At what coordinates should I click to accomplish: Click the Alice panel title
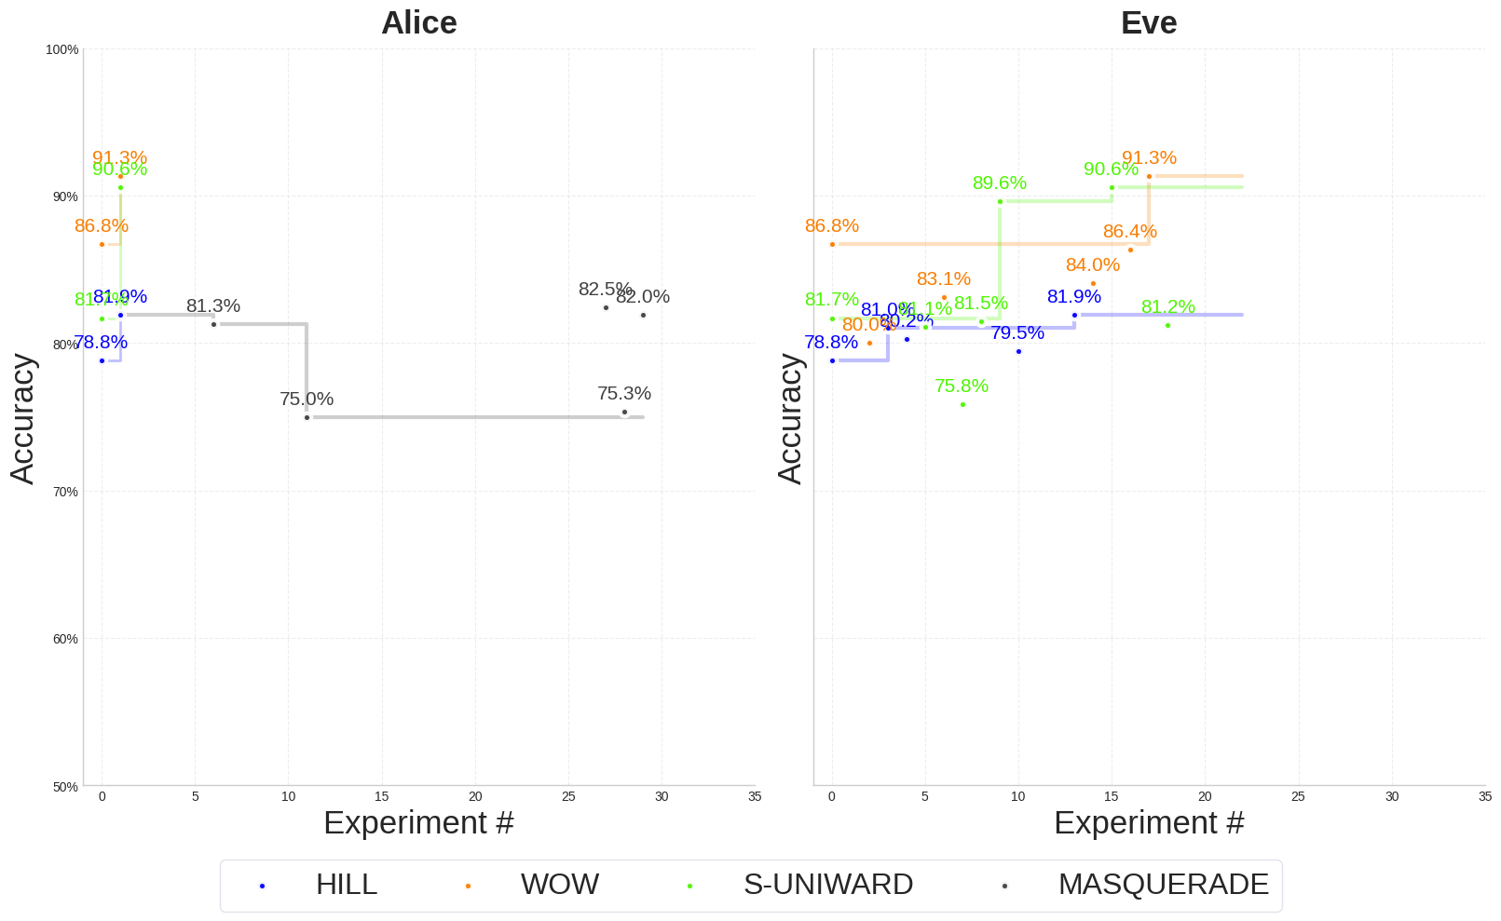click(x=418, y=23)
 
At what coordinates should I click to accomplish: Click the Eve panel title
click(x=1148, y=23)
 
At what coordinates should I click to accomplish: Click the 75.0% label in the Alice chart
click(x=307, y=399)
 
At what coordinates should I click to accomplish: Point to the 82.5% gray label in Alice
click(x=605, y=289)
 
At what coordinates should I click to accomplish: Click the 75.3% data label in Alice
click(x=624, y=393)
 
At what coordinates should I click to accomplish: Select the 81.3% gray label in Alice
click(x=213, y=305)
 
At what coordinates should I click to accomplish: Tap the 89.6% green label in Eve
click(x=1000, y=183)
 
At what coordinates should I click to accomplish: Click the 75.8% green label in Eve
click(x=962, y=386)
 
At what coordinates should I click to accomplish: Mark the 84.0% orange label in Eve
click(x=1093, y=264)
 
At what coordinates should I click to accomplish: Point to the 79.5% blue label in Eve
click(x=1017, y=332)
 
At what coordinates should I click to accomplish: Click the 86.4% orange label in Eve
click(x=1130, y=231)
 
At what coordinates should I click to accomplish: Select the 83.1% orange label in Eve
click(x=944, y=278)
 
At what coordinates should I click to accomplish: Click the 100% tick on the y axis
click(x=62, y=49)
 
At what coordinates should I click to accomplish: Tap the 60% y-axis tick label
click(x=64, y=639)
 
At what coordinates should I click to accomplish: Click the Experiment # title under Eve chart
click(x=1149, y=822)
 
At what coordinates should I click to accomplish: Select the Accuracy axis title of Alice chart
click(x=22, y=418)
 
